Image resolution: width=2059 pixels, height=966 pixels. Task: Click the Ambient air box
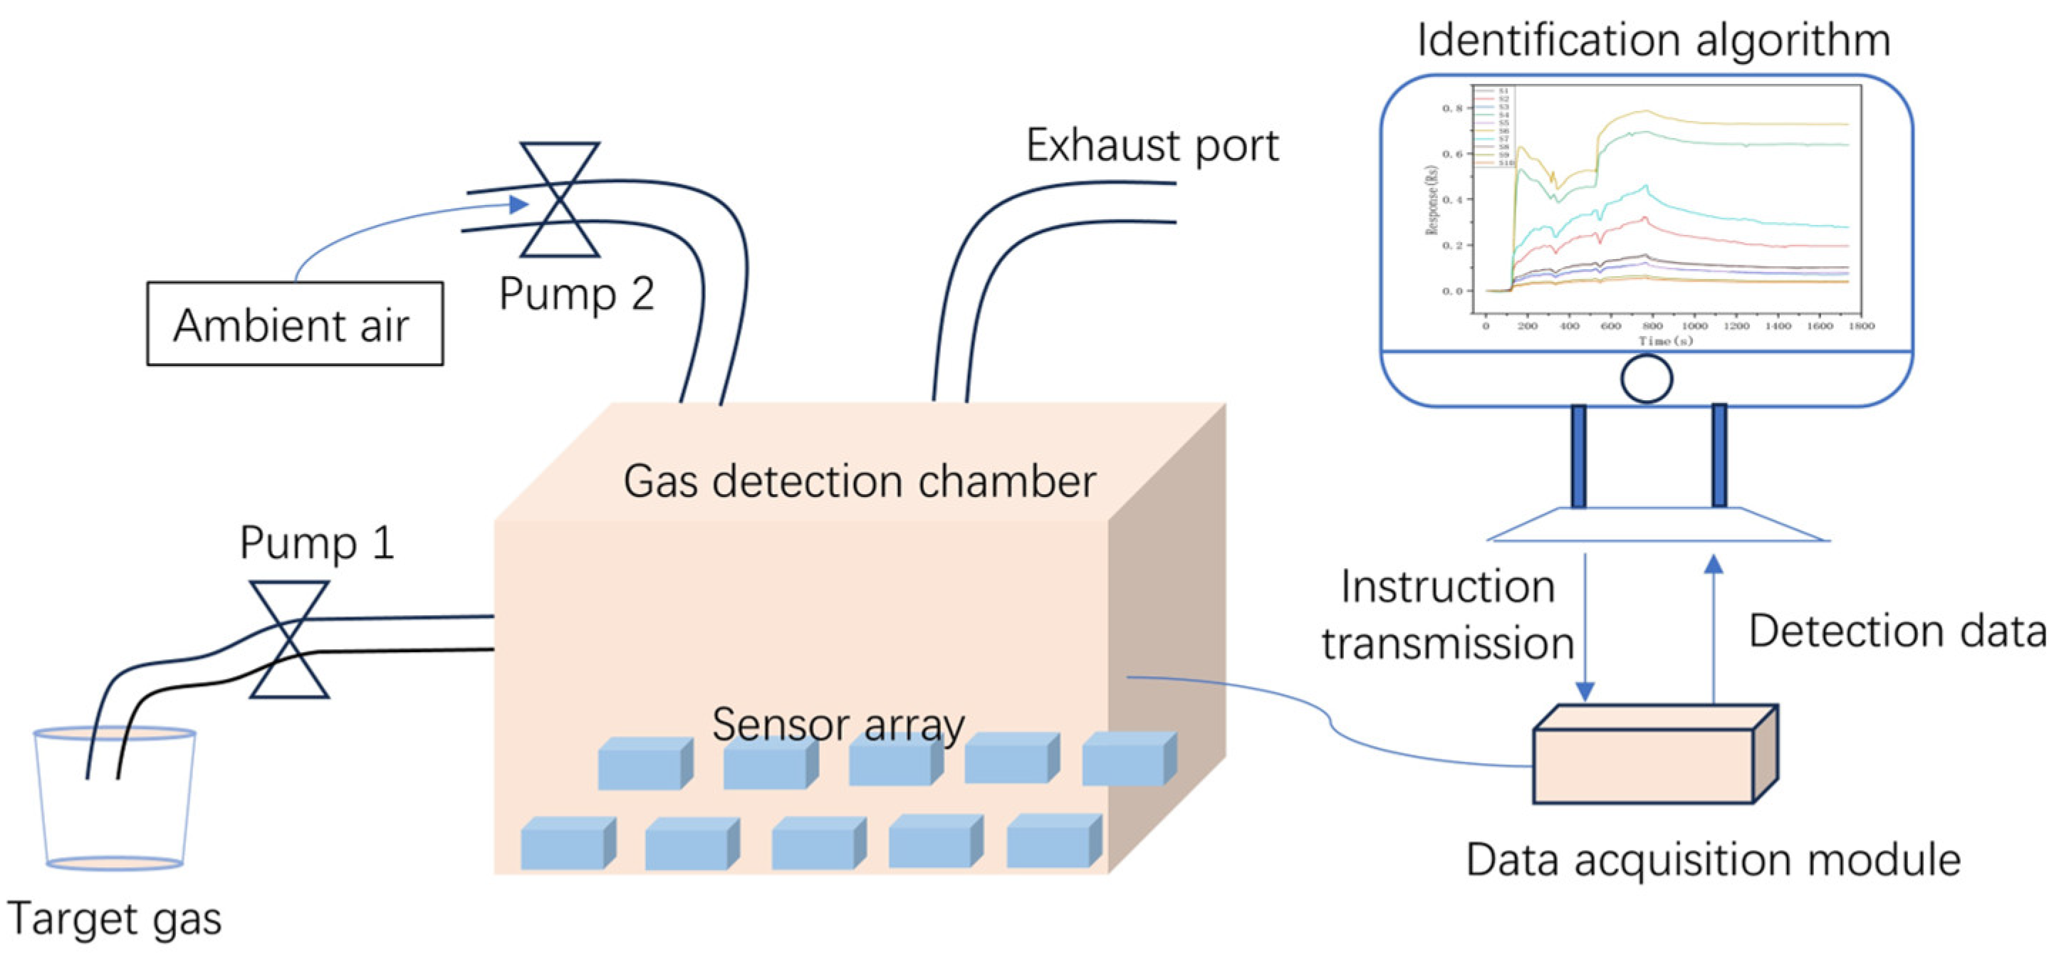pos(294,324)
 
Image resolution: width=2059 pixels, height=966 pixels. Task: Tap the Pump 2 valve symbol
pos(560,200)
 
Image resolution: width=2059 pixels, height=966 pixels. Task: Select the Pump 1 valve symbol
pos(289,639)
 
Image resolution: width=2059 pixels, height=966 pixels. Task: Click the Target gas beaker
pos(114,799)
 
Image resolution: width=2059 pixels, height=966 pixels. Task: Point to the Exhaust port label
pos(1152,145)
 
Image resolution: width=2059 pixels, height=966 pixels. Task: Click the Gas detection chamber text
pos(859,482)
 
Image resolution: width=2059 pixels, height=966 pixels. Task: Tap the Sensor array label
pos(838,724)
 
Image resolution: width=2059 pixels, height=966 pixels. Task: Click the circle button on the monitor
pos(1647,378)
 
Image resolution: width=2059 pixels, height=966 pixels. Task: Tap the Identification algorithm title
pos(1653,40)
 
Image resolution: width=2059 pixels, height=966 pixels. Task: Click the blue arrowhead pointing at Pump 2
pos(518,204)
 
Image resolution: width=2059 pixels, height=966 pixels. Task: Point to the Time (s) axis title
pos(1665,341)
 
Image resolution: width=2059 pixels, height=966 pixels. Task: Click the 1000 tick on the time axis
pos(1694,326)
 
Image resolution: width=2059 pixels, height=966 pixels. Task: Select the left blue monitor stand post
pos(1579,456)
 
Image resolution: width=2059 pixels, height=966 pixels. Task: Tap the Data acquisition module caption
pos(1712,861)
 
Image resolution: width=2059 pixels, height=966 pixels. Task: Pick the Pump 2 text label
pos(576,294)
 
